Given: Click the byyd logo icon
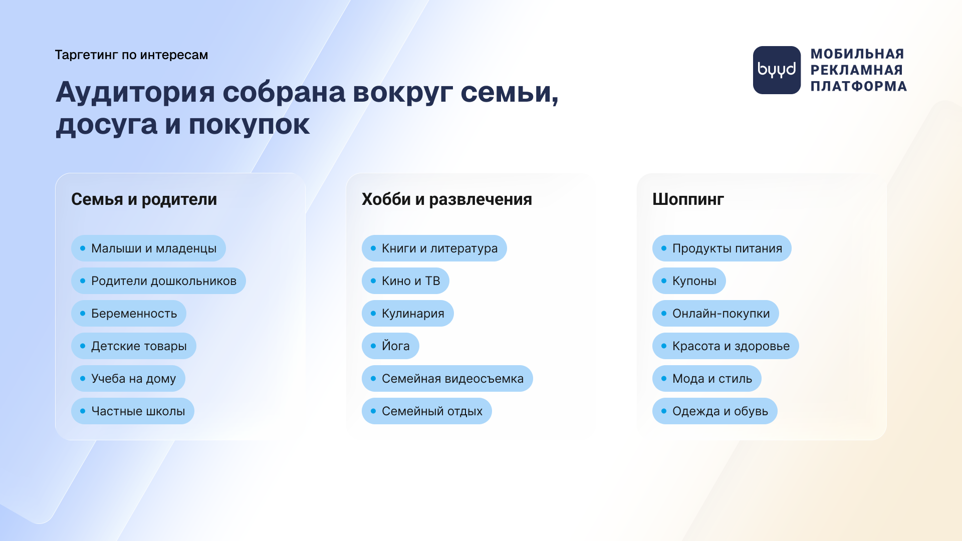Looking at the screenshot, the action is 777,70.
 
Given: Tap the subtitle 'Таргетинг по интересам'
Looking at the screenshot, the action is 131,55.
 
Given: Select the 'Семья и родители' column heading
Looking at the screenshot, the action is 144,199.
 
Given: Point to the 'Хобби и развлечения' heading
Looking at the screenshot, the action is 447,199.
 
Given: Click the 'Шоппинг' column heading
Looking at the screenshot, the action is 688,199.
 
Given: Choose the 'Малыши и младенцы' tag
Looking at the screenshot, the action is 148,248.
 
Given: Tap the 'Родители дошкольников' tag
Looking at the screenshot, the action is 158,281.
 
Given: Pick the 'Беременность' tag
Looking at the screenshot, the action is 129,314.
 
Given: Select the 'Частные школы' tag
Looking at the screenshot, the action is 133,411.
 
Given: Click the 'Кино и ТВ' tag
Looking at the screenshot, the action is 405,281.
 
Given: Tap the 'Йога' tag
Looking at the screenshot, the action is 390,346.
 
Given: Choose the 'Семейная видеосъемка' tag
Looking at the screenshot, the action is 447,379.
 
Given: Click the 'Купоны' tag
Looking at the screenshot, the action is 689,281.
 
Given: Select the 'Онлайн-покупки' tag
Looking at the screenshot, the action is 715,314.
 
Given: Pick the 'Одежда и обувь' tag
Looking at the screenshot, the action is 715,411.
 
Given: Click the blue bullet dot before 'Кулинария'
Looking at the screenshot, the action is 373,314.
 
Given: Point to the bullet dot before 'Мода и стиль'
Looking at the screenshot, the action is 664,379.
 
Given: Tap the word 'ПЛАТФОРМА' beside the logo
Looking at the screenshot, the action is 859,86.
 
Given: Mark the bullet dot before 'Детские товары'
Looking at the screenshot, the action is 83,346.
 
